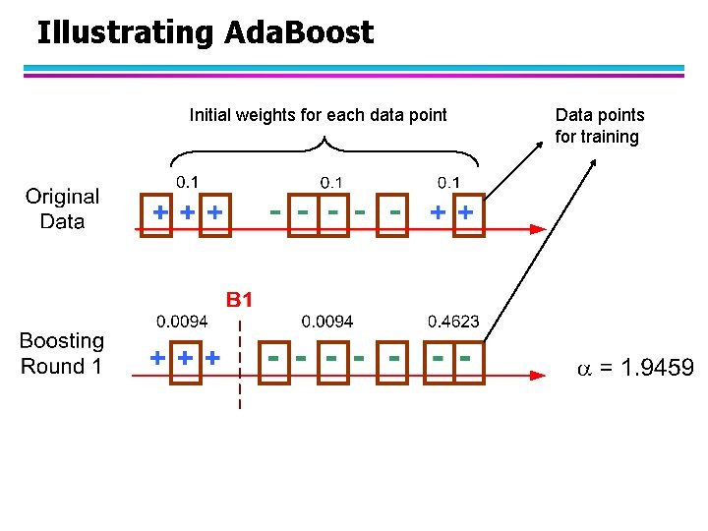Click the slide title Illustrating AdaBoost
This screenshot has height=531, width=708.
click(x=205, y=32)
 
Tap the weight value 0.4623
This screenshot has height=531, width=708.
click(x=453, y=322)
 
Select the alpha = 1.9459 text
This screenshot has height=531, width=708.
click(x=634, y=369)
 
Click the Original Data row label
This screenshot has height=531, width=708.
click(x=62, y=208)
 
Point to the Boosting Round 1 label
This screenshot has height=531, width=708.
click(x=61, y=354)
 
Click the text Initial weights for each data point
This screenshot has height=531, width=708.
click(x=318, y=115)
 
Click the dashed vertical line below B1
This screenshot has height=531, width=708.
click(x=240, y=374)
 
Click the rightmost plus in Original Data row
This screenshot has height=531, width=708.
click(x=466, y=211)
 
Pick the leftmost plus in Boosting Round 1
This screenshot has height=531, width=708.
click(x=156, y=358)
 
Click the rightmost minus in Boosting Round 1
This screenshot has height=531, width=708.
click(x=464, y=357)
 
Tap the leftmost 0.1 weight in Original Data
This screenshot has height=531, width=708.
click(x=187, y=182)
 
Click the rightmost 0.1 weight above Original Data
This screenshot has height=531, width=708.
click(x=448, y=182)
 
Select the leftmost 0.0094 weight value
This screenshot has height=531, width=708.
click(x=182, y=322)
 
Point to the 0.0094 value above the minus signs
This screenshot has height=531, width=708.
click(x=327, y=322)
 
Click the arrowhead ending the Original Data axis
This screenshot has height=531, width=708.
click(x=537, y=228)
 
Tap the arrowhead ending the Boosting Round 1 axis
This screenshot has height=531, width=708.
click(x=537, y=375)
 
